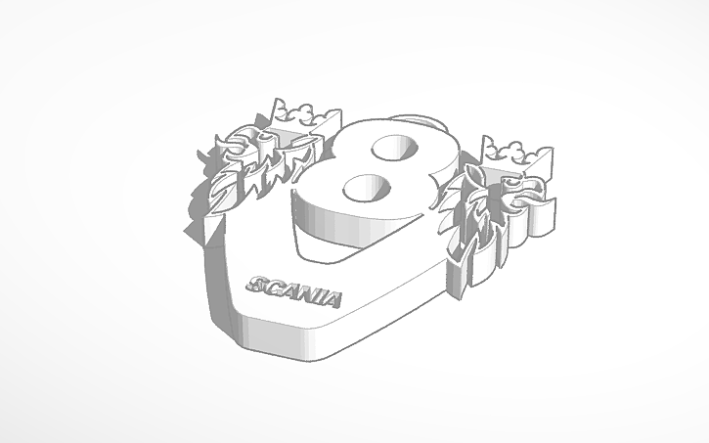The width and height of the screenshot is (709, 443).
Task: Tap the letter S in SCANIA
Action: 259,284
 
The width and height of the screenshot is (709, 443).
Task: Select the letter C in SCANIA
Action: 273,287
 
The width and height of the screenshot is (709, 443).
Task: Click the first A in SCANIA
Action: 288,289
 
